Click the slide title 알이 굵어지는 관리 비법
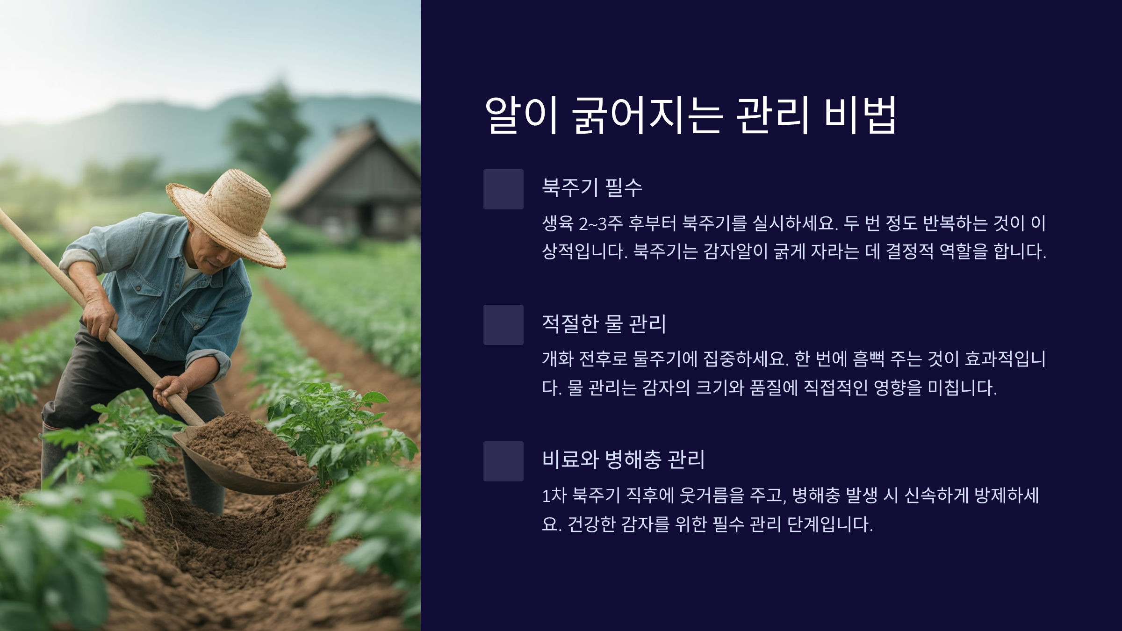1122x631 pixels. (690, 115)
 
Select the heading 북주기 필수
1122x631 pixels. (592, 188)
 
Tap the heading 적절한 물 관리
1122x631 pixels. (604, 323)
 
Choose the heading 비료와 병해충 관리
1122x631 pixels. (623, 459)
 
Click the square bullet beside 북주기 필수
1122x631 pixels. (503, 189)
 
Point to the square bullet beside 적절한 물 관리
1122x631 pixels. (503, 325)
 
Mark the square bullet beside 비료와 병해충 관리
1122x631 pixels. (503, 461)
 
